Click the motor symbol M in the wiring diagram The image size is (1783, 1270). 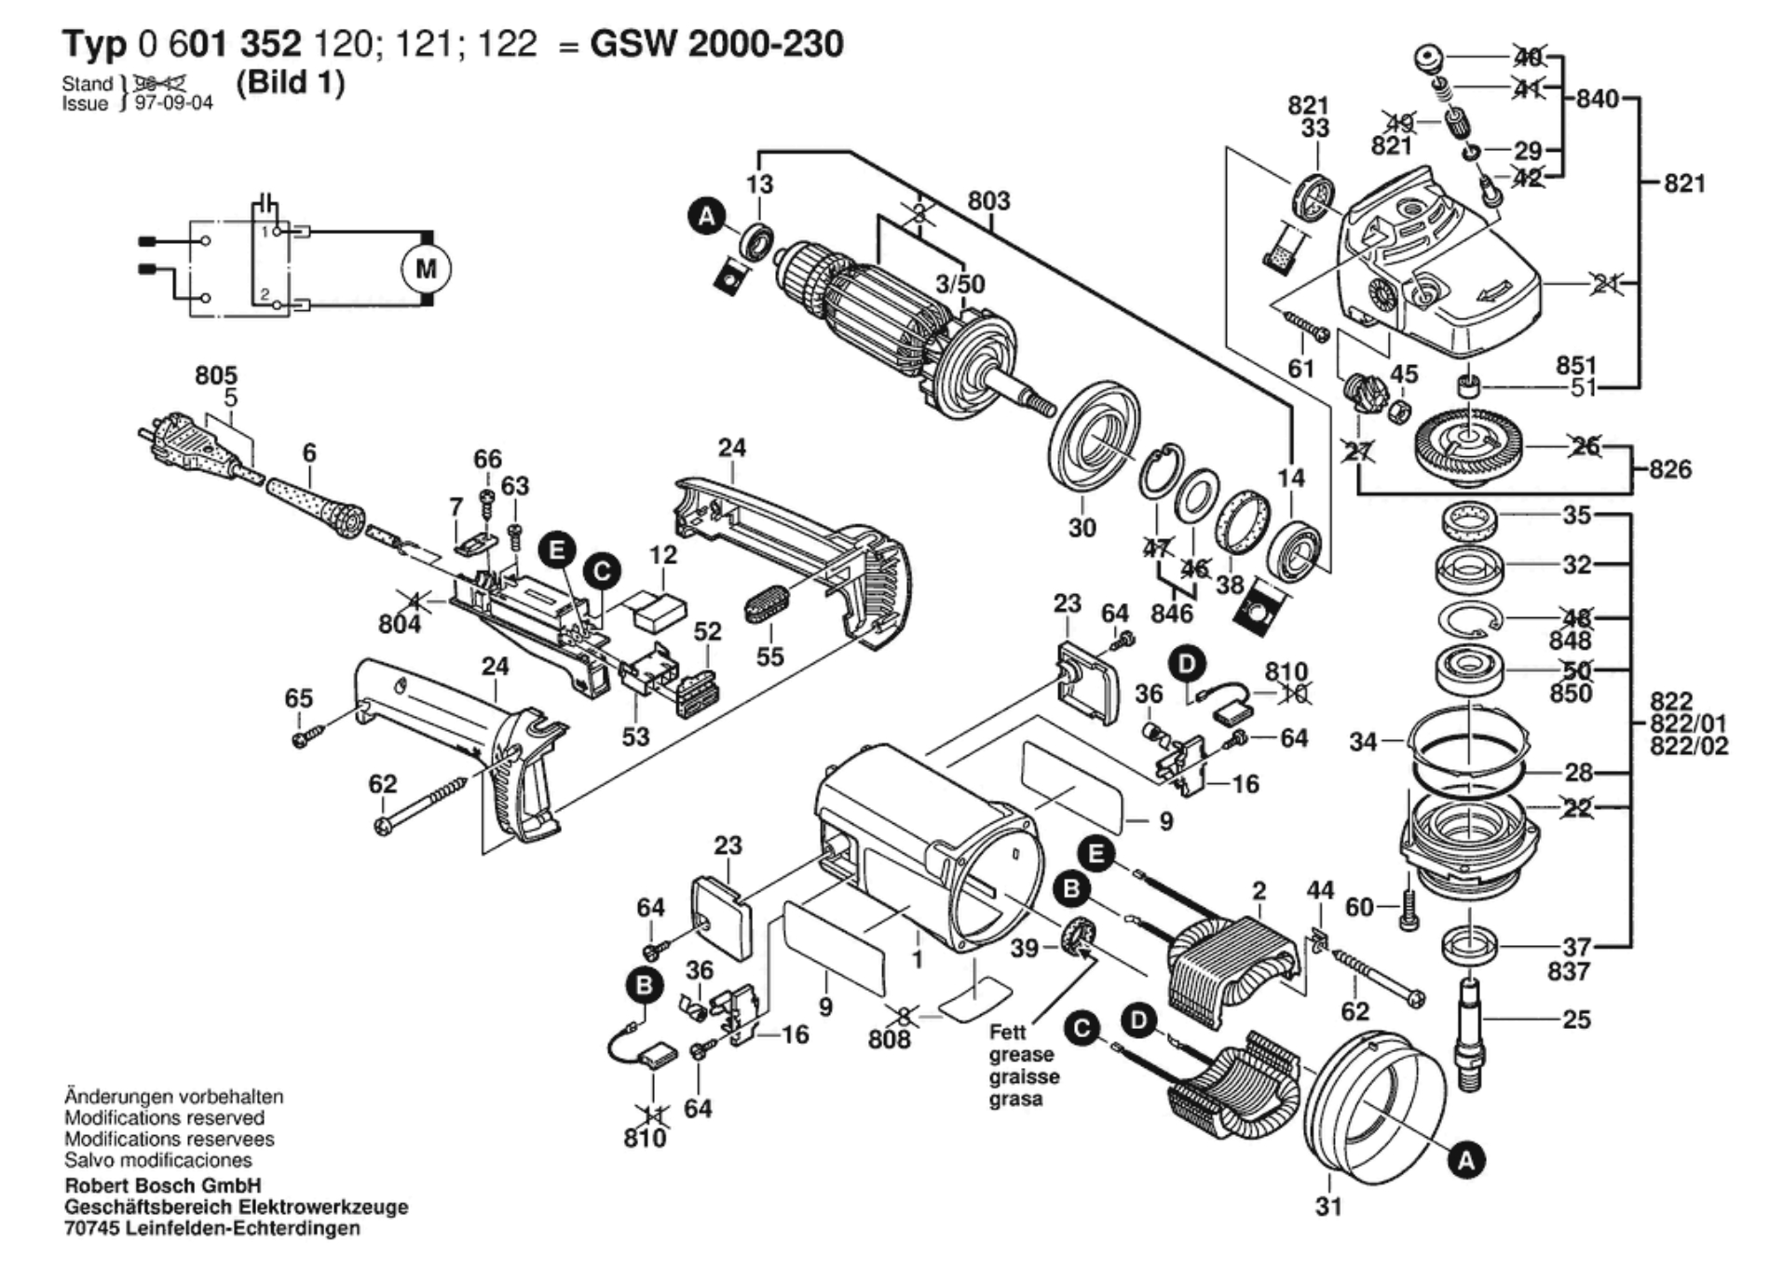[426, 269]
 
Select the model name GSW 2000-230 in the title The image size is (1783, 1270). [716, 44]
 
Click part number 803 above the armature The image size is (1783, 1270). [988, 201]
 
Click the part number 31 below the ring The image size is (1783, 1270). [1328, 1207]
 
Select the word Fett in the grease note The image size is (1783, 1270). [1007, 1033]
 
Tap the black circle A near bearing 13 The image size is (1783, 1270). [706, 218]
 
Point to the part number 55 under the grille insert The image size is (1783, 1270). [769, 656]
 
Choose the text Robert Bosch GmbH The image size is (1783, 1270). [163, 1185]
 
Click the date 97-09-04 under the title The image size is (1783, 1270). [174, 103]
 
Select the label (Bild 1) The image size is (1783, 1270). [291, 83]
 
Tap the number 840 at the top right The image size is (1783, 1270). [1597, 99]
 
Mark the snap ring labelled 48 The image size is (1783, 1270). [1468, 620]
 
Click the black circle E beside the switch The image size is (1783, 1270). [557, 550]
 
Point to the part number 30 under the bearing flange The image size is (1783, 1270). [1082, 528]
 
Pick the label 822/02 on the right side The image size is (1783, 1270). [1688, 746]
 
